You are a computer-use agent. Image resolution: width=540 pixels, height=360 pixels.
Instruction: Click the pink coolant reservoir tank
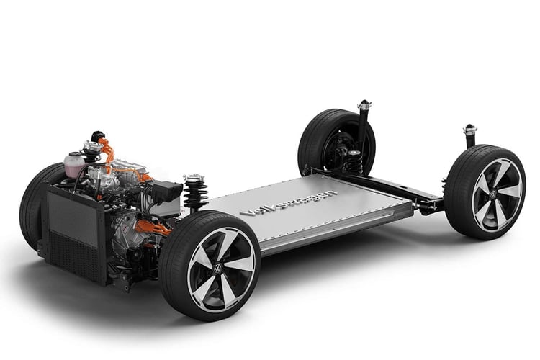click(74, 166)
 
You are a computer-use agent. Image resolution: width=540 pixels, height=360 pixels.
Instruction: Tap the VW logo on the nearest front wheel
click(217, 269)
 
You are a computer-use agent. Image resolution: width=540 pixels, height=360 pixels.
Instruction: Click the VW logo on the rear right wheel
click(493, 193)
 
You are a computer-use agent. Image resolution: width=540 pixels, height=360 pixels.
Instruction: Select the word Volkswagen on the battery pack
click(288, 202)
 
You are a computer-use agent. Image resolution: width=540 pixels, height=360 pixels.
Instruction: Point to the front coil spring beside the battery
click(196, 194)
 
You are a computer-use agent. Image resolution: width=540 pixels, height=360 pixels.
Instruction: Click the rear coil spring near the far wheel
click(355, 162)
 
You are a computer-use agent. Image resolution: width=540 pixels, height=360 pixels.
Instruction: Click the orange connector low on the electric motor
click(151, 228)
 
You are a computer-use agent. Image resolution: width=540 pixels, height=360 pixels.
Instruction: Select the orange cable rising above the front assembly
click(107, 152)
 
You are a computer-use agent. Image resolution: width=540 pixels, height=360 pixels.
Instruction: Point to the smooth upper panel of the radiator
click(73, 217)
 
